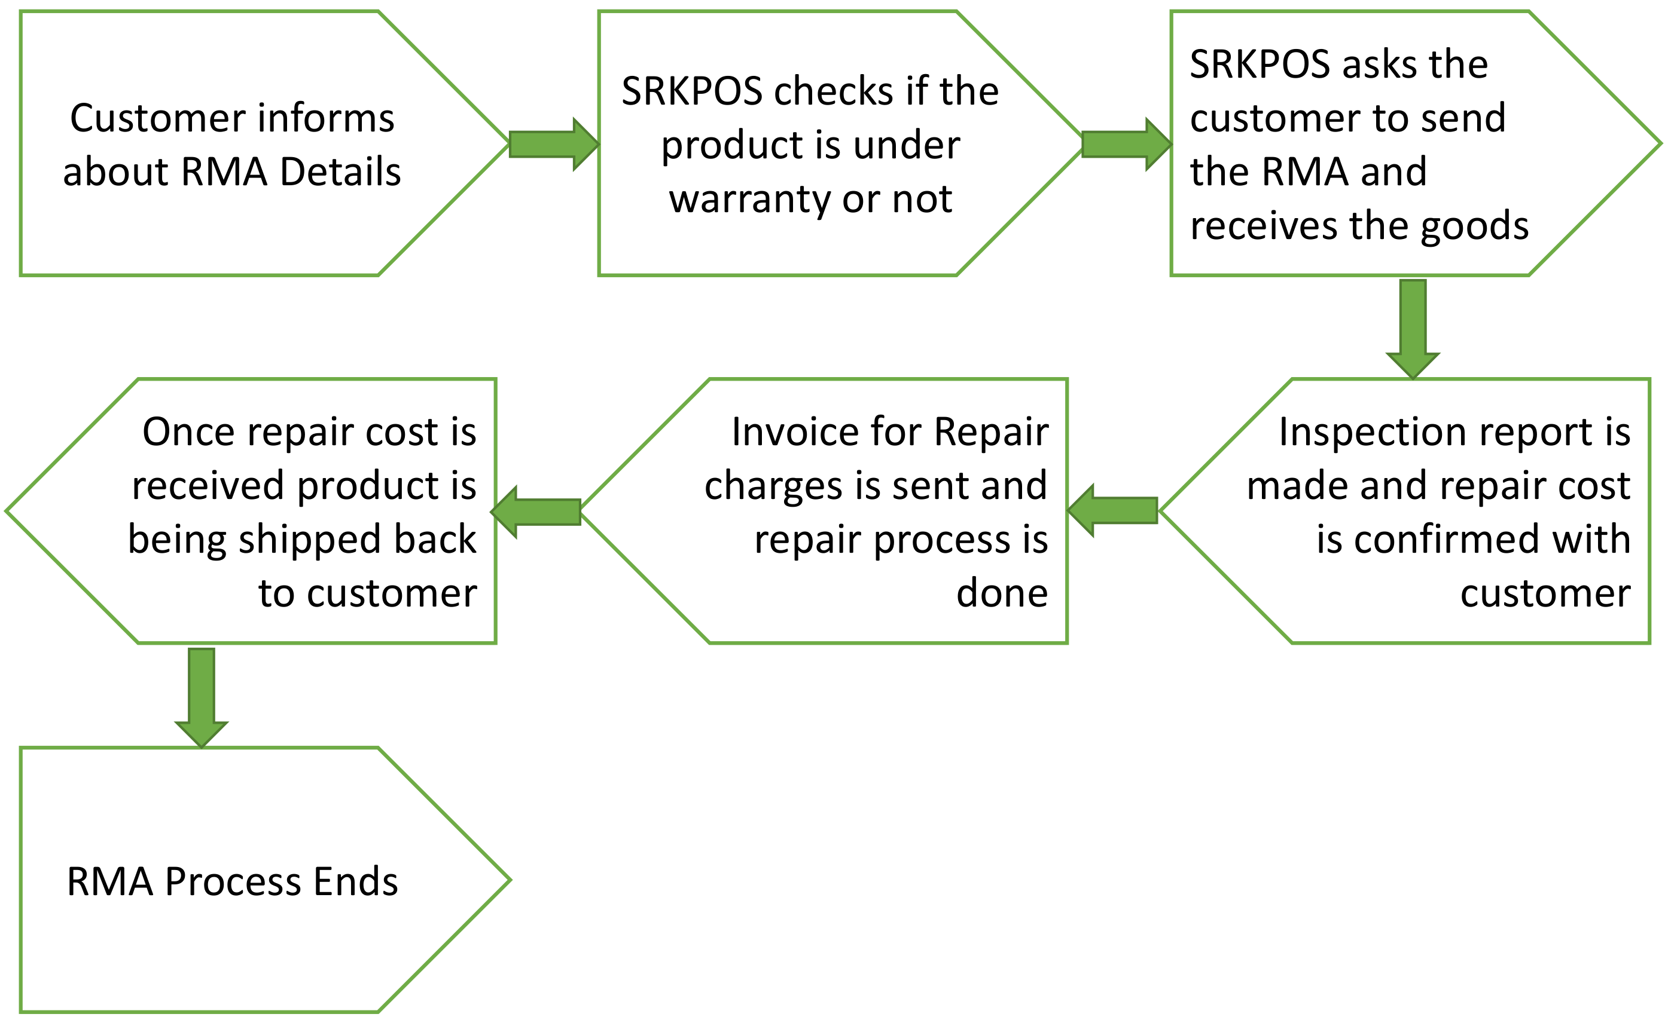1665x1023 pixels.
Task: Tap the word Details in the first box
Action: (x=340, y=172)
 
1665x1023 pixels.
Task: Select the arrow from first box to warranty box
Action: (x=553, y=144)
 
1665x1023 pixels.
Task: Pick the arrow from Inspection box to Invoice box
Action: (x=1114, y=511)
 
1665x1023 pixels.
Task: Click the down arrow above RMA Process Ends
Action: (x=201, y=696)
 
